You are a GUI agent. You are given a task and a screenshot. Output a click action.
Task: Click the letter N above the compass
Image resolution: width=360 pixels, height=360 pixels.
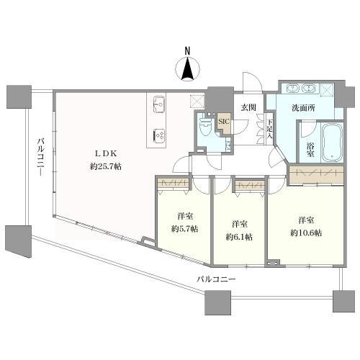186,50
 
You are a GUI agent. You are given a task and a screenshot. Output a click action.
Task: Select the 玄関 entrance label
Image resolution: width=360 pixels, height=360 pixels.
248,107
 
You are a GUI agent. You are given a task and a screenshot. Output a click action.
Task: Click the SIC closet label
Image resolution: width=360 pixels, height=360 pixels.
223,122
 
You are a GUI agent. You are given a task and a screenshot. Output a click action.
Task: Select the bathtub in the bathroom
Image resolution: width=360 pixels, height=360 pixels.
332,142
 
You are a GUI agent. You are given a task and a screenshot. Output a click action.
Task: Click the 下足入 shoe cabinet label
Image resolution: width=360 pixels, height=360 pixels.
270,127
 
